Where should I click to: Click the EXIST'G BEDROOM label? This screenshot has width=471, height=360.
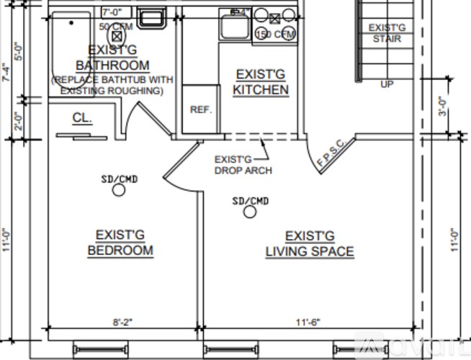tap(120, 243)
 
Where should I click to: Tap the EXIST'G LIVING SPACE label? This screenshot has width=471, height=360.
tap(310, 244)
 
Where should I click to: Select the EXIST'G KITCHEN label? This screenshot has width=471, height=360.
tap(261, 82)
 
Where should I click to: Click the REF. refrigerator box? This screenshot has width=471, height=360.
tap(200, 109)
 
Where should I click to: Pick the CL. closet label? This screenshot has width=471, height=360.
tap(82, 117)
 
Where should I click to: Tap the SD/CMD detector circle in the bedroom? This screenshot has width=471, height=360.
tap(119, 190)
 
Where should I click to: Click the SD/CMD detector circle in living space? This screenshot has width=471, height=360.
tap(250, 212)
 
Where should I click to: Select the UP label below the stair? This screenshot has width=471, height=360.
tap(387, 84)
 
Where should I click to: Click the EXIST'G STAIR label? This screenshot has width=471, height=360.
tap(387, 33)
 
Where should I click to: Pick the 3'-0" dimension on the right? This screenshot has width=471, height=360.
tap(444, 107)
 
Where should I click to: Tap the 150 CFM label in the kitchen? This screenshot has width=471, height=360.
tap(274, 34)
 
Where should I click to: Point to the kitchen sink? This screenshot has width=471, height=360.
tap(234, 26)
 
